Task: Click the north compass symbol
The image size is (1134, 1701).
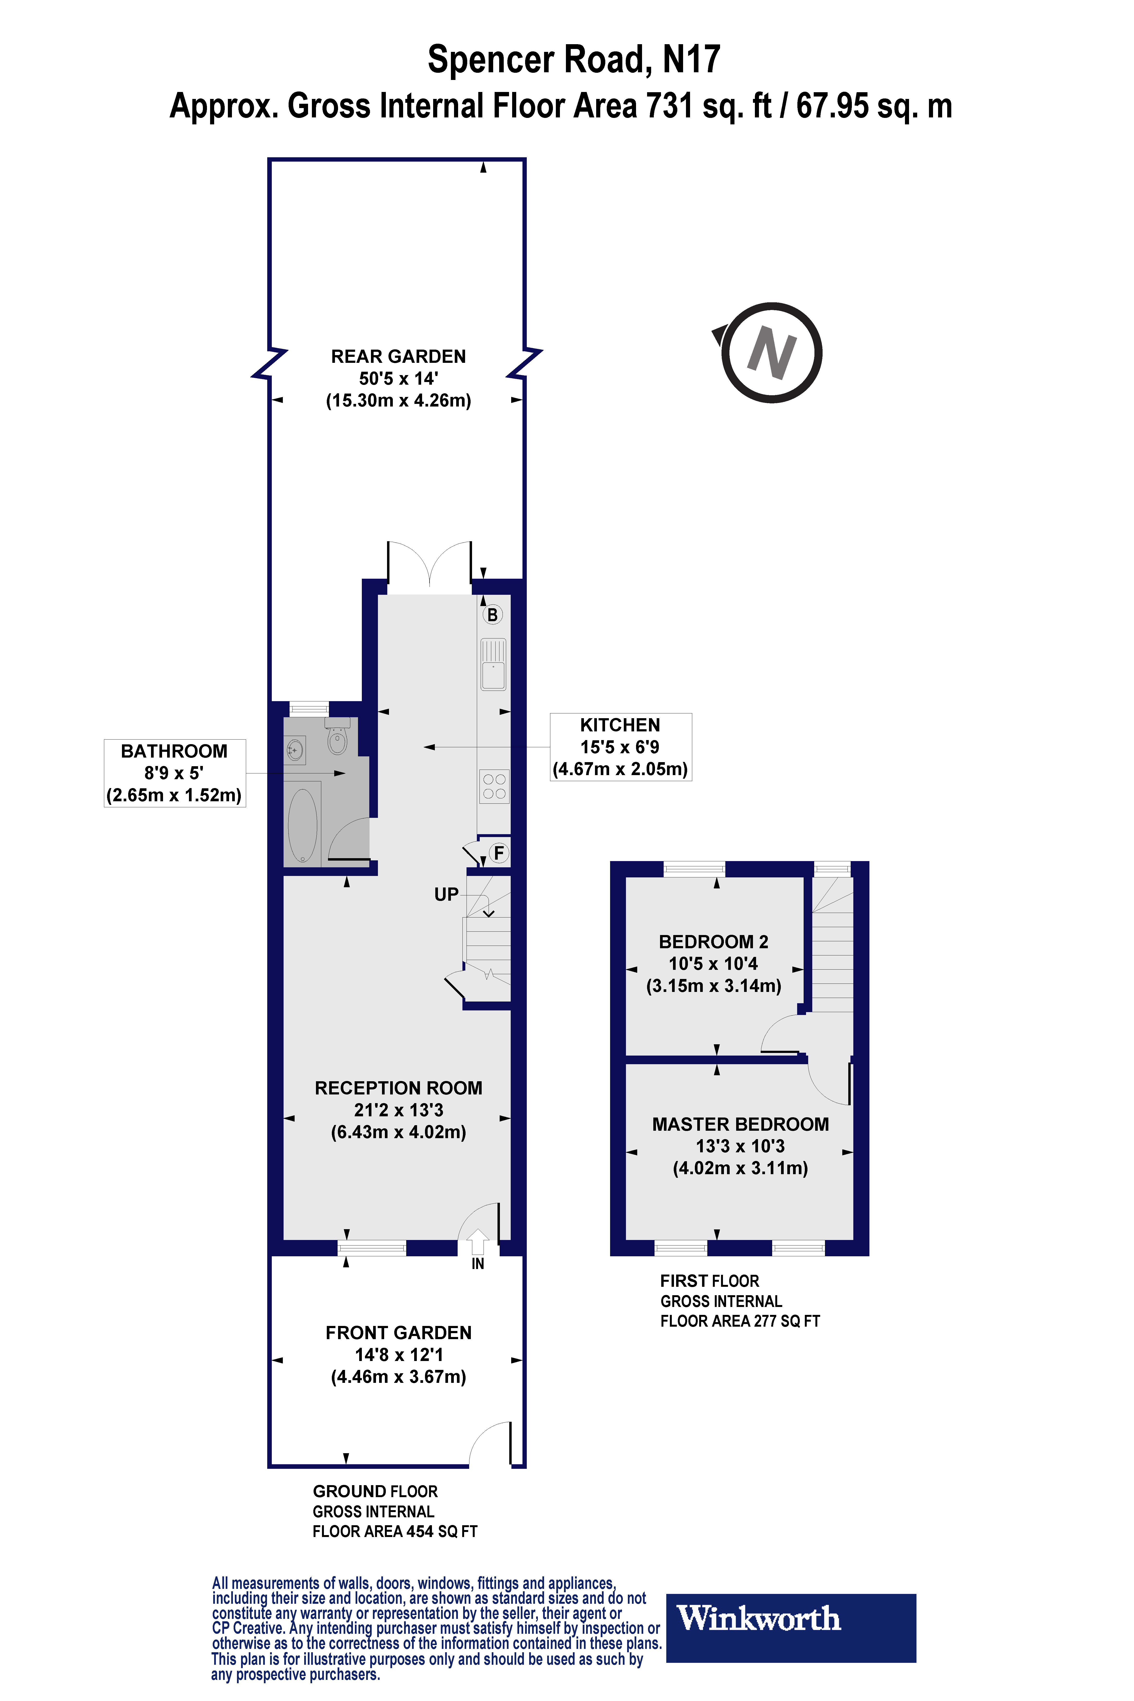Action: coord(771,353)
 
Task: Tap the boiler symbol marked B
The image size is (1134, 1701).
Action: coord(492,615)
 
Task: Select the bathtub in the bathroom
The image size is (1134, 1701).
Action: coord(302,825)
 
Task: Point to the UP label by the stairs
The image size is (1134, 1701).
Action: coord(446,895)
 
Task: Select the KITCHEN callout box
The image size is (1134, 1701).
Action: coord(620,746)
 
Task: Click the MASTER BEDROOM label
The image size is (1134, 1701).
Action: coord(740,1124)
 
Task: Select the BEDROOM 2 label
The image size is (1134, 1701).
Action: coord(713,942)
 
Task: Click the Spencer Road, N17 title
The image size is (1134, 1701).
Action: coord(574,59)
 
